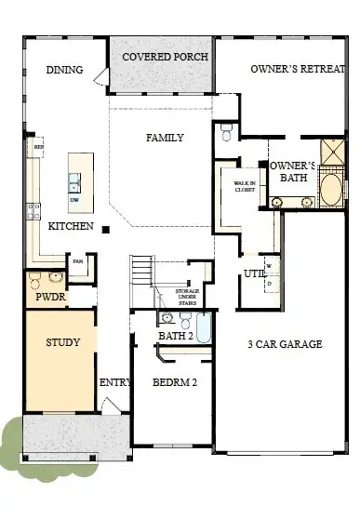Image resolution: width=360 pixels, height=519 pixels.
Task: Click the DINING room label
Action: (65, 70)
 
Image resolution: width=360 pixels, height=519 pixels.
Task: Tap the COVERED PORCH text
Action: (166, 57)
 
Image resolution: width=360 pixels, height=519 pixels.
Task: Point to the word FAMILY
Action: (165, 138)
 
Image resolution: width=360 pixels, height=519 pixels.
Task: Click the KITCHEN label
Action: (71, 226)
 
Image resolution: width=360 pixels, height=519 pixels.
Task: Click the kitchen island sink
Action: (74, 180)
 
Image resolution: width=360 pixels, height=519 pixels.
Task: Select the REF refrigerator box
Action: (39, 147)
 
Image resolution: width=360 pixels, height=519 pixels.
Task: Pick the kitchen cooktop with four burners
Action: (33, 210)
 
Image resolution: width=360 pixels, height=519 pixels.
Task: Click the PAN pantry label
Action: (79, 261)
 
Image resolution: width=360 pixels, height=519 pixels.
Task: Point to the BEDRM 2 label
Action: (174, 381)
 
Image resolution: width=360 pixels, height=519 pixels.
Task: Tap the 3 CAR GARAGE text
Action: (284, 344)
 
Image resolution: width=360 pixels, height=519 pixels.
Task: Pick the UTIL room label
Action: (253, 273)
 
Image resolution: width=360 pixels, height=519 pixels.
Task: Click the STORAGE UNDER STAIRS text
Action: (188, 297)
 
